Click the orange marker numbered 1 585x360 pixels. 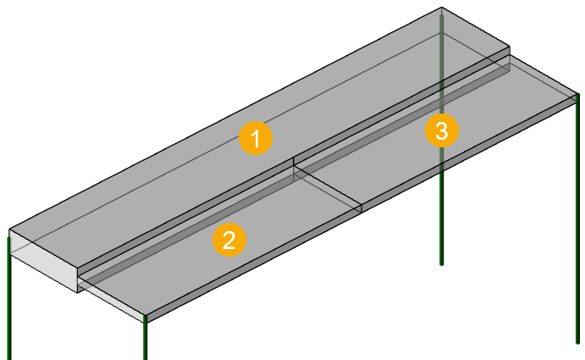click(x=256, y=138)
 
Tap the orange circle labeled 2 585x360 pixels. click(x=229, y=240)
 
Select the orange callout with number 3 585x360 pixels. click(x=442, y=130)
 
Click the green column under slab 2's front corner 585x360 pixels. click(x=145, y=338)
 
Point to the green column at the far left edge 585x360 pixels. click(x=9, y=298)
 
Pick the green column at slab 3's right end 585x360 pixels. click(x=577, y=219)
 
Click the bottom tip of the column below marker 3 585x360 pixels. click(x=442, y=265)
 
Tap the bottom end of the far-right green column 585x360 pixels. click(x=577, y=343)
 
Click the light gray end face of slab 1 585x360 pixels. click(x=44, y=261)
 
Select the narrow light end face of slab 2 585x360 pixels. click(x=112, y=300)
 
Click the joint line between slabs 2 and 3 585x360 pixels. click(x=328, y=186)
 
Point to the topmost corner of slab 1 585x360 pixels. click(x=442, y=7)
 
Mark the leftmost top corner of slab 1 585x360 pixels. click(x=9, y=229)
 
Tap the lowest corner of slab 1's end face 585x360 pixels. click(x=78, y=293)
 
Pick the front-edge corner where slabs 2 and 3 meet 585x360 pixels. click(x=361, y=205)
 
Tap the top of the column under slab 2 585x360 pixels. click(x=145, y=317)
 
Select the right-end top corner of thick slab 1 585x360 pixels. click(x=510, y=47)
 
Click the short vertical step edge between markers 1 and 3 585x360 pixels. click(x=294, y=162)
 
